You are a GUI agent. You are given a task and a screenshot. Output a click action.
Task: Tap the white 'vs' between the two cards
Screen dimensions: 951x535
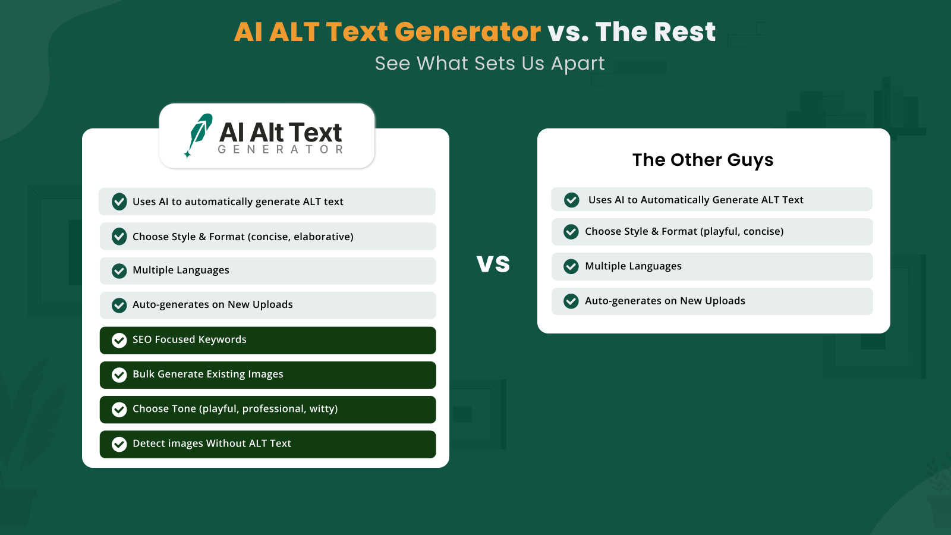[x=493, y=263]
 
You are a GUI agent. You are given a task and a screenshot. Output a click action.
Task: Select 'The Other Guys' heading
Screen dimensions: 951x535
[x=703, y=160]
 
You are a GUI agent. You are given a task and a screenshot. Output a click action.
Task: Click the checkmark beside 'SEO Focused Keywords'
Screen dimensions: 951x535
[x=119, y=340]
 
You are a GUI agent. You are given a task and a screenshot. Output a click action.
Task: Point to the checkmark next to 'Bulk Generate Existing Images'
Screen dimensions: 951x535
[x=119, y=375]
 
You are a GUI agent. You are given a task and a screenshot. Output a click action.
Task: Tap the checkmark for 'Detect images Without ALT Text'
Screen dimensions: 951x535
[x=119, y=444]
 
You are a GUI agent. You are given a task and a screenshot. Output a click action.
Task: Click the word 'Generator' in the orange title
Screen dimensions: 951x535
[x=467, y=32]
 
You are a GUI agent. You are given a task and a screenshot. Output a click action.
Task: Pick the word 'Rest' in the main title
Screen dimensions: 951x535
[x=684, y=32]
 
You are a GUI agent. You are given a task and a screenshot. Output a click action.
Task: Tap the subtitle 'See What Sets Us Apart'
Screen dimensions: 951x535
[x=490, y=64]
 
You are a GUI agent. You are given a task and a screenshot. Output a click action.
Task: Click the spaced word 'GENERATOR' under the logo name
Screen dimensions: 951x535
[x=281, y=149]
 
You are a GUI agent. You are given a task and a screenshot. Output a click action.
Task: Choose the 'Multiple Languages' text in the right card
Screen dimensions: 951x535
[x=633, y=266]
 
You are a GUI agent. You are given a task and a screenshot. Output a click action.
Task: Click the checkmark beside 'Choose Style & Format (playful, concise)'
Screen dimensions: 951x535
[x=571, y=232]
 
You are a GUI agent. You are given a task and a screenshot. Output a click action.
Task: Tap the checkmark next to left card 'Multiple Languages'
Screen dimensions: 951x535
[x=119, y=271]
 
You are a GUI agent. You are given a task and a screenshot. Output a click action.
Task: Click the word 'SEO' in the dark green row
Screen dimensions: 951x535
[x=142, y=339]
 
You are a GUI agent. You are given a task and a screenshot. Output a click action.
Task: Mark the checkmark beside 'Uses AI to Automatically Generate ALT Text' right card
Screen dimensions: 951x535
[x=571, y=200]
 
